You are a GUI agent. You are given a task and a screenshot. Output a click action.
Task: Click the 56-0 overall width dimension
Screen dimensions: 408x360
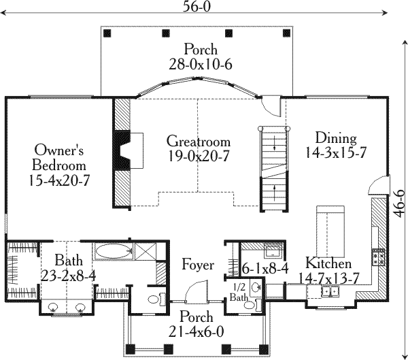pos(196,7)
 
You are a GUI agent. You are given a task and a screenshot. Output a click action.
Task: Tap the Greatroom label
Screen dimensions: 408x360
pos(199,142)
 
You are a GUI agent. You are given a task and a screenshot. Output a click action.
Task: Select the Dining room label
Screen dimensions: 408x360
pos(336,138)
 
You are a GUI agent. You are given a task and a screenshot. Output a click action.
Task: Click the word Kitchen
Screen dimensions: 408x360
pos(328,263)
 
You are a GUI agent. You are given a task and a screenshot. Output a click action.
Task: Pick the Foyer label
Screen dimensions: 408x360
pos(198,265)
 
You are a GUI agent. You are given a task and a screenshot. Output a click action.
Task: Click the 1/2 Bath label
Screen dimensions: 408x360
pos(239,292)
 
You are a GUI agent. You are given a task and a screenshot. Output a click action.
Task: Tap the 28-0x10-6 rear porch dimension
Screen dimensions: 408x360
pos(201,65)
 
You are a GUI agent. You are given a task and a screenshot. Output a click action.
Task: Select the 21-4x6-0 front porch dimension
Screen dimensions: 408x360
pos(197,332)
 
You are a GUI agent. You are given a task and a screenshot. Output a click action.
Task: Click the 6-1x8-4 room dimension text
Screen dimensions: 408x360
pos(265,269)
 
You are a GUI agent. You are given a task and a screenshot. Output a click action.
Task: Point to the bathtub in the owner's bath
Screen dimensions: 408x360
pos(113,251)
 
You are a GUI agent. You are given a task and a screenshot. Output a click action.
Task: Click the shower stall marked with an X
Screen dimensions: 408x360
pos(146,251)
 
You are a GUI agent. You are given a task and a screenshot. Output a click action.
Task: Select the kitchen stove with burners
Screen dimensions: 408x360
pos(379,257)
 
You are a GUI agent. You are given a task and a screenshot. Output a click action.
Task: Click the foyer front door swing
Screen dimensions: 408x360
pos(197,291)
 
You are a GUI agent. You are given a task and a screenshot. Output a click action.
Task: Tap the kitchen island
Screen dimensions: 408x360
pos(330,231)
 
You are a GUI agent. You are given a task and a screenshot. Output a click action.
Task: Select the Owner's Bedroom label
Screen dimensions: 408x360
pos(58,165)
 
